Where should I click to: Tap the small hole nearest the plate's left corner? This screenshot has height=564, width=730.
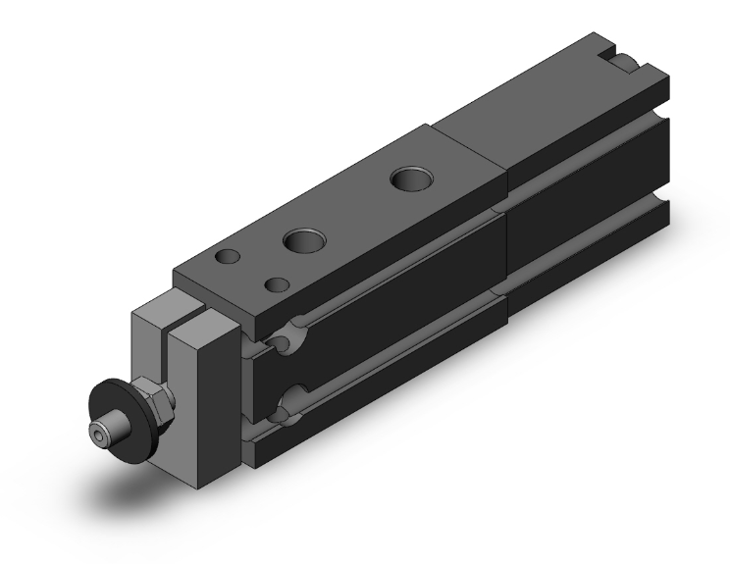tap(228, 257)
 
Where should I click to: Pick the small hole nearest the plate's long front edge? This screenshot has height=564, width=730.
tap(278, 284)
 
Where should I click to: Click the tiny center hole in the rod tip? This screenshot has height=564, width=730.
tap(98, 431)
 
